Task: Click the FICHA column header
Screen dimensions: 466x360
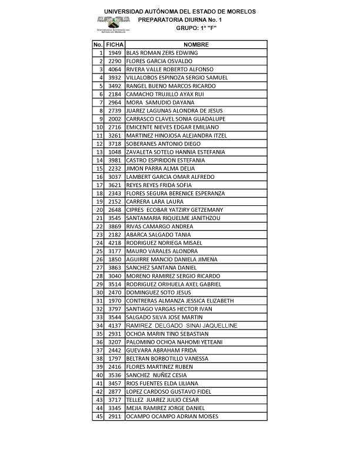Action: click(x=115, y=45)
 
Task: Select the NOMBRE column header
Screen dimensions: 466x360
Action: click(x=196, y=45)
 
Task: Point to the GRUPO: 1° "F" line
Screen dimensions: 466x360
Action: click(x=201, y=28)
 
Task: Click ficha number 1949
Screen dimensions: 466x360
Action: click(x=115, y=53)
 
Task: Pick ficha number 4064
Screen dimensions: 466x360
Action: click(x=115, y=69)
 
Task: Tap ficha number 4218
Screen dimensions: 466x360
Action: click(x=115, y=243)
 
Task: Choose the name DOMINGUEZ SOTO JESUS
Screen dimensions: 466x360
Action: click(x=158, y=292)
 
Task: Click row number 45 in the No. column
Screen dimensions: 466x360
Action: click(x=99, y=417)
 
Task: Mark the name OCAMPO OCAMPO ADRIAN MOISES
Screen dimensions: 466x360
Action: click(x=172, y=417)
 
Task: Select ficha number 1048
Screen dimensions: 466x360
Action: click(x=115, y=152)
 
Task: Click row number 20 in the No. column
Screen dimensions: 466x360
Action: click(x=99, y=210)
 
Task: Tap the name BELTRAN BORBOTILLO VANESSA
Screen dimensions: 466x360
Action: click(x=167, y=358)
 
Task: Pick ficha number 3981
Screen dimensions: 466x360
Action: click(x=115, y=160)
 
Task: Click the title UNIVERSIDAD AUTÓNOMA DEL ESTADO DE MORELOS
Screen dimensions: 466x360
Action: click(x=180, y=12)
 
